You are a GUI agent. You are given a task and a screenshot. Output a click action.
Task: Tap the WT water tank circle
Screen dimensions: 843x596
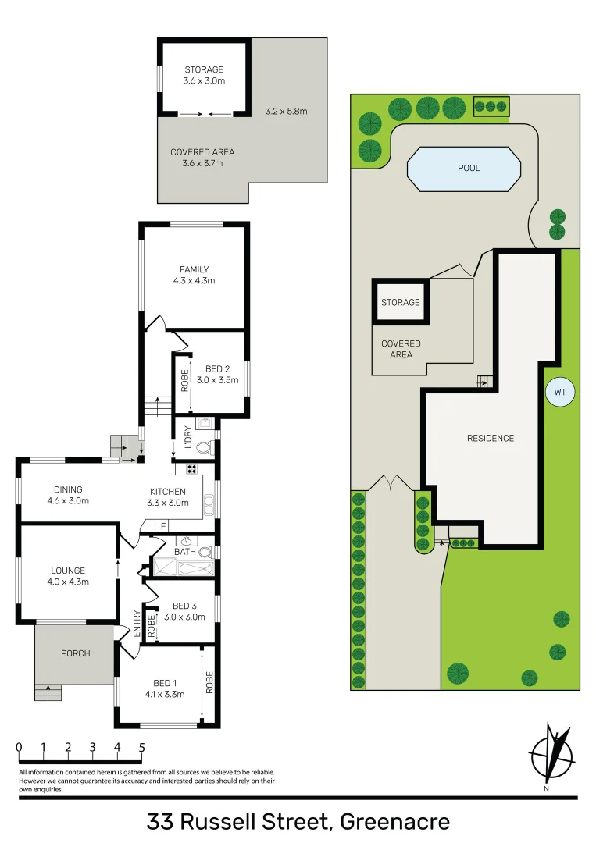tap(559, 392)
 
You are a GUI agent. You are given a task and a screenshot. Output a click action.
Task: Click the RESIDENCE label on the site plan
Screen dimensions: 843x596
tap(491, 438)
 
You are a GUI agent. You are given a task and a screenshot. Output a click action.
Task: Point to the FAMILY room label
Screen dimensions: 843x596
tap(194, 270)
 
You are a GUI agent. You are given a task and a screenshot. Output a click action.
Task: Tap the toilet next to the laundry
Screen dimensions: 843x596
tap(205, 449)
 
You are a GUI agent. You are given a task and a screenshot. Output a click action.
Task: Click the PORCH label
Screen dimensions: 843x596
tap(76, 653)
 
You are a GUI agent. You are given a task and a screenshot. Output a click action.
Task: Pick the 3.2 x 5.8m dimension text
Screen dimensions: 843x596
tap(286, 112)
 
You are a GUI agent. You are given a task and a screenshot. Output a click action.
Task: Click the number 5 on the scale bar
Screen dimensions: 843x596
tap(141, 747)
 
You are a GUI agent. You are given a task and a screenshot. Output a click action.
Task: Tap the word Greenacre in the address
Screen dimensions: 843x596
tap(396, 822)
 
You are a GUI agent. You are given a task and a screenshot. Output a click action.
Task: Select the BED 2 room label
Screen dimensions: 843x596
tap(217, 368)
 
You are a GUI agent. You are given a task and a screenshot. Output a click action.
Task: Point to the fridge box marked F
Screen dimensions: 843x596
tap(162, 526)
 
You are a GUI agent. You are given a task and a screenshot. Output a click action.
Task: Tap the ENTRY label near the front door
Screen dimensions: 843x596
tap(137, 624)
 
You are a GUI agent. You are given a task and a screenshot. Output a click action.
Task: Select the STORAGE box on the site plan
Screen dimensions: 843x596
tap(400, 301)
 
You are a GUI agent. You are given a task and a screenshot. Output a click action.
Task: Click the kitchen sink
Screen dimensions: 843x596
tap(208, 507)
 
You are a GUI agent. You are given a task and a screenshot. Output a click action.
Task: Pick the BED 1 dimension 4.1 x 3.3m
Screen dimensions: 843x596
tap(164, 694)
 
